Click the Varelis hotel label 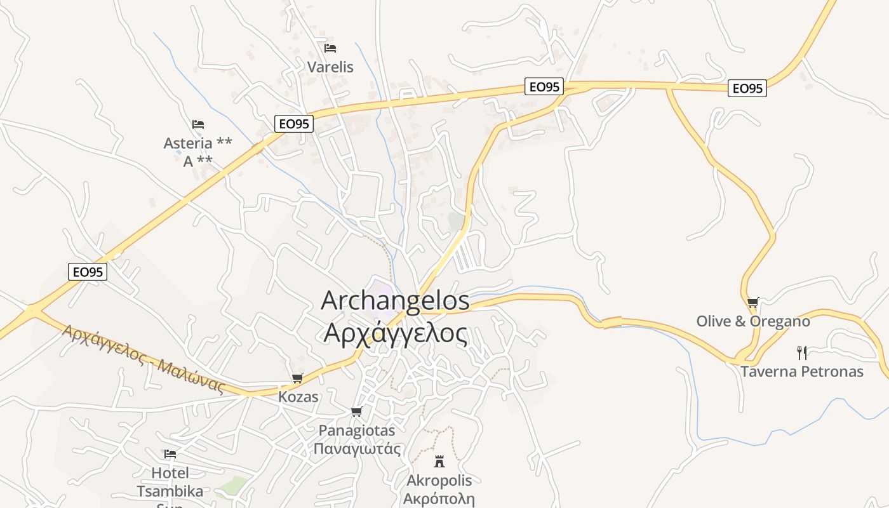(x=330, y=67)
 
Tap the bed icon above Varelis (x=330, y=48)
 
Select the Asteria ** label (x=197, y=143)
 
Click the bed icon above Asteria (x=198, y=124)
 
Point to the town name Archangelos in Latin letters (x=395, y=300)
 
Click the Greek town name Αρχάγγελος (x=395, y=333)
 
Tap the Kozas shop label (x=298, y=398)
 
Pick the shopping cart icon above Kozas (x=297, y=378)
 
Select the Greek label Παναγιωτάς (x=357, y=449)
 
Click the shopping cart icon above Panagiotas (x=357, y=411)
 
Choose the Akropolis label (x=439, y=480)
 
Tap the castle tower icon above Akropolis (x=439, y=461)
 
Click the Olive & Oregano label (x=753, y=321)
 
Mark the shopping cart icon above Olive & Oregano (x=752, y=302)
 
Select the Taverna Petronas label (x=802, y=371)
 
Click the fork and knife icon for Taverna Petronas (x=802, y=352)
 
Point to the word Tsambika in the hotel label (x=170, y=491)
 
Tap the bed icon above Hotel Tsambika (x=170, y=454)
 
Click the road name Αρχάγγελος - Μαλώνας (x=144, y=359)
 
